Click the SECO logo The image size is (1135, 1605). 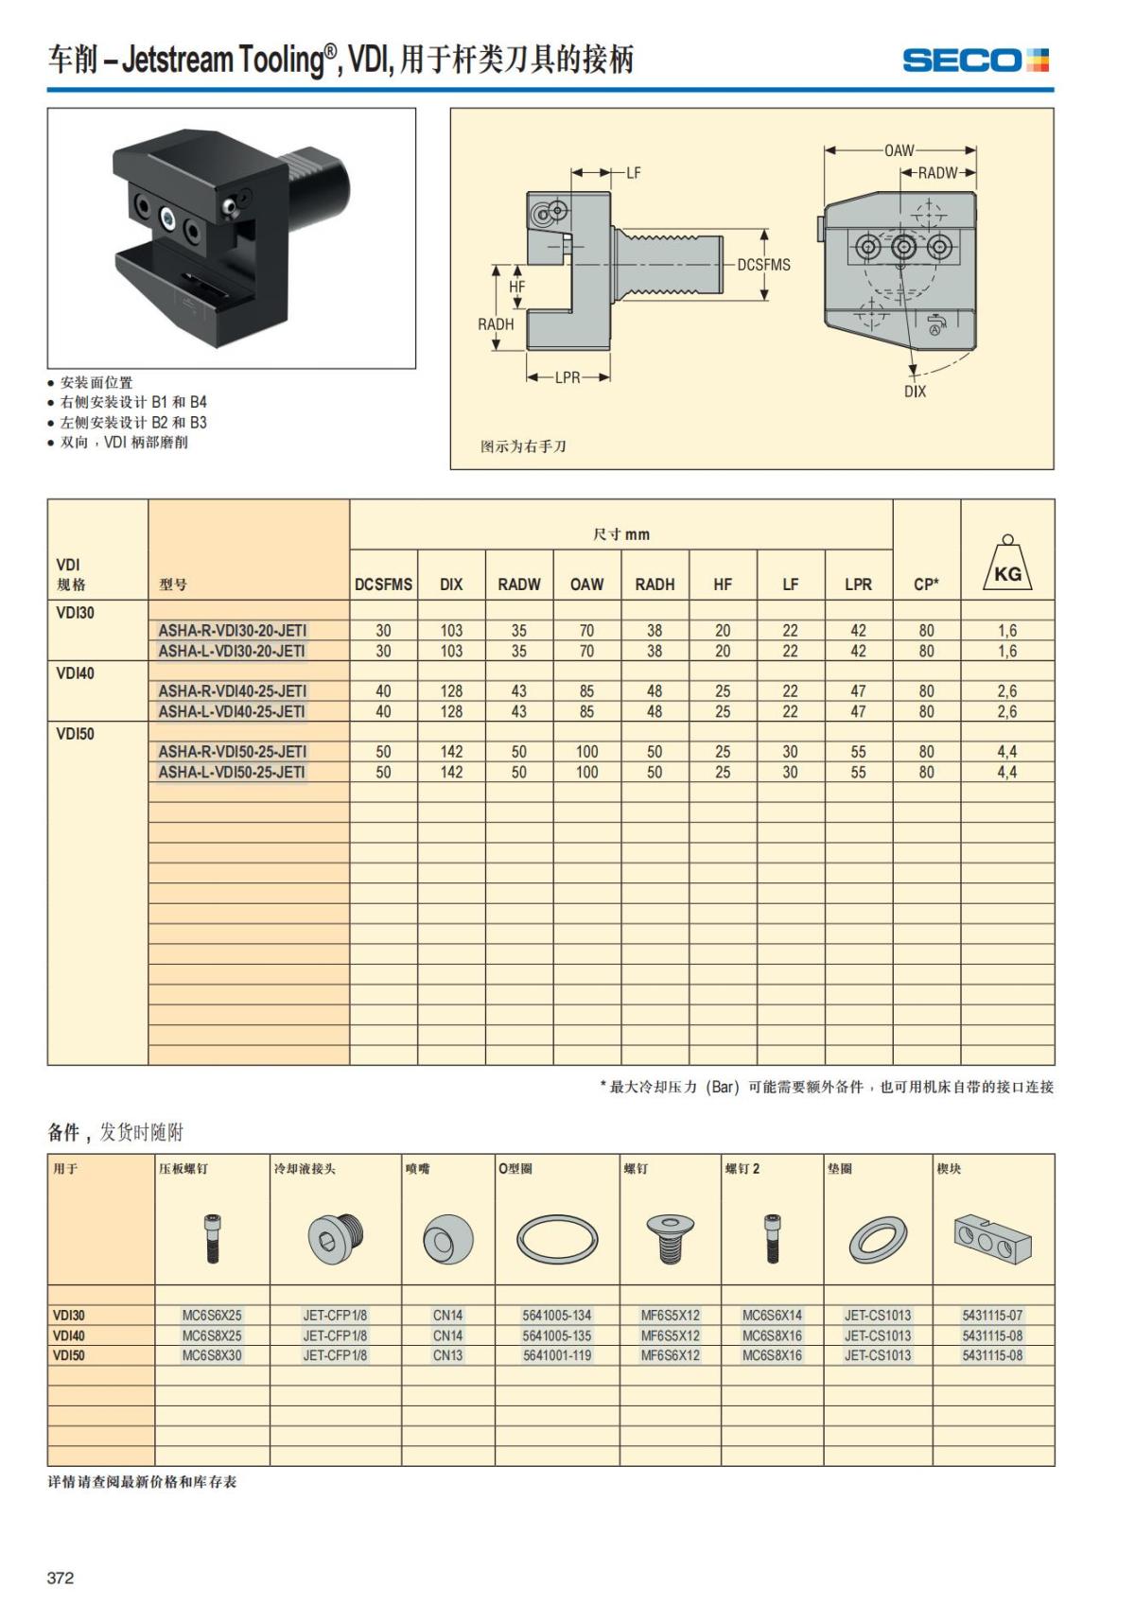[x=975, y=61]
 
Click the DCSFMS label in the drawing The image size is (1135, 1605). [x=763, y=265]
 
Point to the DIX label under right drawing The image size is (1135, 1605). [x=915, y=392]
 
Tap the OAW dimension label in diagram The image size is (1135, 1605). [x=899, y=150]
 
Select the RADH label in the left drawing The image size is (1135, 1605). [x=496, y=324]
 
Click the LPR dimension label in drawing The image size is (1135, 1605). [x=567, y=377]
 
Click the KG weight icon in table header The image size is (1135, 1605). [x=1007, y=567]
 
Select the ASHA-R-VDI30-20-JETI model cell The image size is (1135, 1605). [x=233, y=631]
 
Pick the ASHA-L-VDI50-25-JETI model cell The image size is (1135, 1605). [x=232, y=773]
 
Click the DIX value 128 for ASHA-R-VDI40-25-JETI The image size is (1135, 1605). [x=451, y=691]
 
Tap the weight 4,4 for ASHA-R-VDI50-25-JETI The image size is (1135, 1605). [x=1007, y=752]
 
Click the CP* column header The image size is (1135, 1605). [x=926, y=584]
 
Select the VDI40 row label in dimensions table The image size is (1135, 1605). [x=76, y=673]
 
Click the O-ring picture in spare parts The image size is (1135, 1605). [x=557, y=1238]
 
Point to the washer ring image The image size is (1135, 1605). [x=878, y=1240]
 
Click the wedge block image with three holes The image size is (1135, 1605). [x=992, y=1238]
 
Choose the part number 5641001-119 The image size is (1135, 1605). [x=557, y=1355]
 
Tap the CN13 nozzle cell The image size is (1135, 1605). [x=448, y=1355]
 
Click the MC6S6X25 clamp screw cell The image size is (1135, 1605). [x=212, y=1316]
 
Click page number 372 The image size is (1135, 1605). [x=61, y=1578]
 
